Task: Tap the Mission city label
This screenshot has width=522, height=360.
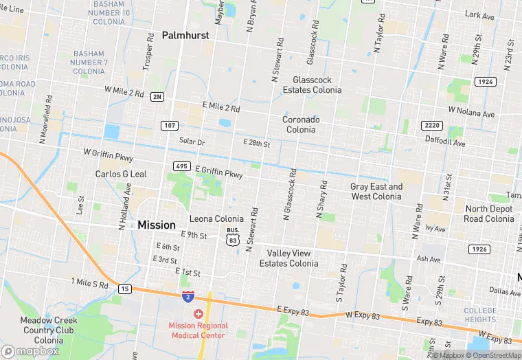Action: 157,225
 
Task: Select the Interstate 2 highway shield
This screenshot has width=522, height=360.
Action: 188,296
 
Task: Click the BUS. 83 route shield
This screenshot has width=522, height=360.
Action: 234,238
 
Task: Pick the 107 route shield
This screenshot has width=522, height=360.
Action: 170,126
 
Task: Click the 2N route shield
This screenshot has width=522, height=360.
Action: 157,97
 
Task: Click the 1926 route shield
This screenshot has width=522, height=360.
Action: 479,248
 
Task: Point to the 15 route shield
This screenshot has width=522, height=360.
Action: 124,289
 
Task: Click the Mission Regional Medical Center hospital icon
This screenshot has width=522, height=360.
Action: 198,313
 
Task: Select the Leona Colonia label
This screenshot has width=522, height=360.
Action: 216,219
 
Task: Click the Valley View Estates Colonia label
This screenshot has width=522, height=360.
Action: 288,258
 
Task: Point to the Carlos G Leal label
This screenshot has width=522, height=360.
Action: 121,175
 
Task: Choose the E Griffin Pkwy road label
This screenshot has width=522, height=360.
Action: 219,172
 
